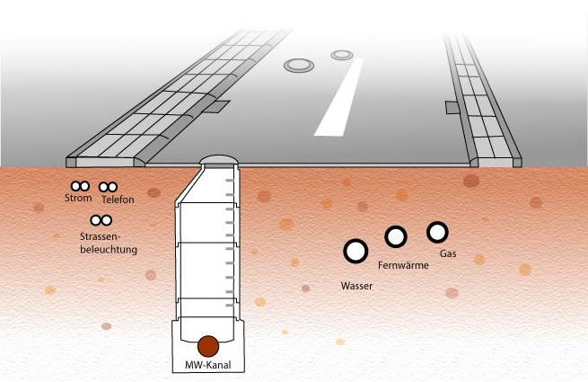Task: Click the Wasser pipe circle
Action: point(355,251)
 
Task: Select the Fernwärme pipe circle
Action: point(396,237)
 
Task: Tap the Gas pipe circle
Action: point(437,233)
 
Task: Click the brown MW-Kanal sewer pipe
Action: point(209,346)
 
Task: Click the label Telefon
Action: point(118,200)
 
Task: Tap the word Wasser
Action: point(356,287)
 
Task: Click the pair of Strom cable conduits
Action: point(80,186)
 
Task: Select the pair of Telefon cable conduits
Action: point(109,187)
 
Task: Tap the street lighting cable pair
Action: point(101,220)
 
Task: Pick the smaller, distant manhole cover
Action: point(341,55)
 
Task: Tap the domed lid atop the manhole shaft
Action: point(219,161)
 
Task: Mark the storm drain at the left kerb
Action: point(216,108)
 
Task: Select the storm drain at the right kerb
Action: point(452,108)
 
